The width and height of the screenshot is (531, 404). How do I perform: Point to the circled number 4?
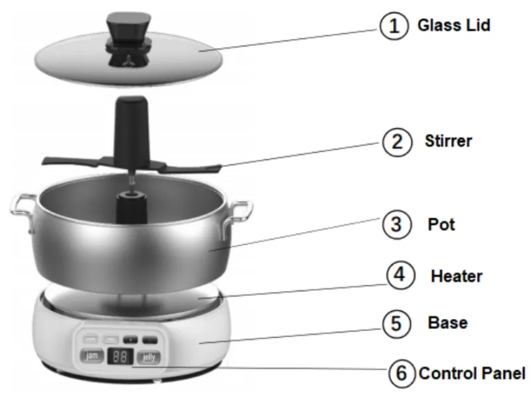[x=400, y=275]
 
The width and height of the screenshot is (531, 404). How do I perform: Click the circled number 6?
[x=401, y=373]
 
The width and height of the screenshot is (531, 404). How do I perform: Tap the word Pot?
[x=441, y=224]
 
